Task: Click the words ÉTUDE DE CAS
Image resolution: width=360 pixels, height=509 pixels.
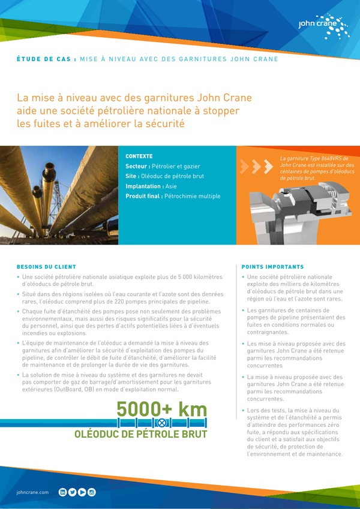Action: point(44,59)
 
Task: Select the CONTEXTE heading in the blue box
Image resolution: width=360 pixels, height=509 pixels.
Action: point(139,156)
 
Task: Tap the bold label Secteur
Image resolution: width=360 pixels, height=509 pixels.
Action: point(137,166)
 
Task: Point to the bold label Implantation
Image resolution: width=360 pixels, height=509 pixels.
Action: point(145,186)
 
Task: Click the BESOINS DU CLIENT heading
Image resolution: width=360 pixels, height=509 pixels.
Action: point(46,266)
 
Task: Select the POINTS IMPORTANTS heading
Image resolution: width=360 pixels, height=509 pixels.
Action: point(272,266)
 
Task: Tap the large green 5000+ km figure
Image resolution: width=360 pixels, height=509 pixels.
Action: point(161,409)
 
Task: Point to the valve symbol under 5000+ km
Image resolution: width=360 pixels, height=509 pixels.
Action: point(161,422)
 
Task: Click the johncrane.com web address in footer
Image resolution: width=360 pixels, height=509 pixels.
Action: point(32,492)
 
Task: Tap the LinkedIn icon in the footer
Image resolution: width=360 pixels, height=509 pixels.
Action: point(62,492)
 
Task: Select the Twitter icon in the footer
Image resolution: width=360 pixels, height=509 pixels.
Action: point(72,492)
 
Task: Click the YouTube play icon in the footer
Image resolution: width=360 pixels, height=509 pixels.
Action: point(82,492)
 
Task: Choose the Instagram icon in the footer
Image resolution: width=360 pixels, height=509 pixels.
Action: point(91,492)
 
